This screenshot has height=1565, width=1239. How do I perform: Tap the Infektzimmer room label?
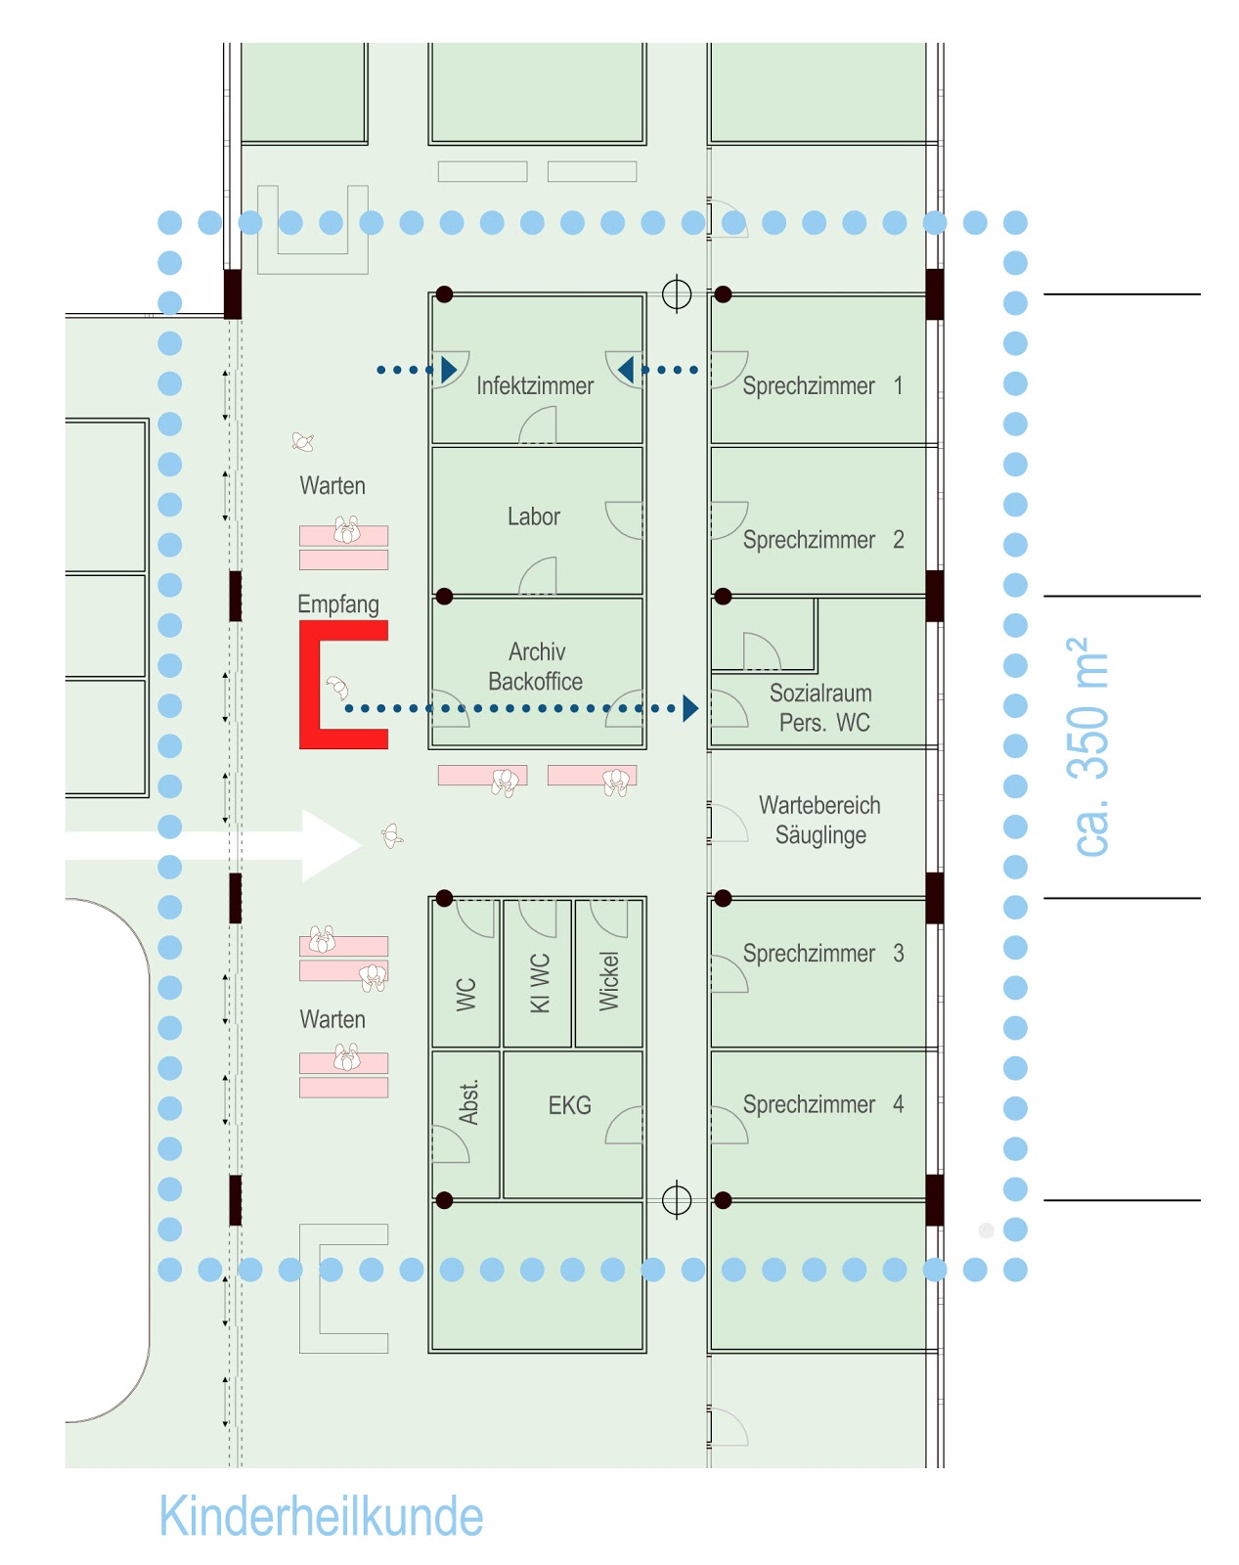point(535,386)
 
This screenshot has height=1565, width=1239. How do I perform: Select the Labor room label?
point(534,516)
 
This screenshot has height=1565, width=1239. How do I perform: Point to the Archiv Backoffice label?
point(536,666)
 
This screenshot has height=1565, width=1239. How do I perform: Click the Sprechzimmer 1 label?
point(821,386)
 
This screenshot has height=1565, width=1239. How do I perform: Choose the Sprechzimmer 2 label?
point(822,540)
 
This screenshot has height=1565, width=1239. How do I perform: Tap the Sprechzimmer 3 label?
point(822,954)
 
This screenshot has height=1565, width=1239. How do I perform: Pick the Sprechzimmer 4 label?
point(822,1105)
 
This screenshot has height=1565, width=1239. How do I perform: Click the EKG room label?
point(569,1106)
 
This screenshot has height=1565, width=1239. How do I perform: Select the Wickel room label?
point(609,981)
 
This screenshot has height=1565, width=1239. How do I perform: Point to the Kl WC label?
point(539,982)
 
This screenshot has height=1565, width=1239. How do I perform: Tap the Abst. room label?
point(468,1102)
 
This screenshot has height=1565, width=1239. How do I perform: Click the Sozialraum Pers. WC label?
point(821,708)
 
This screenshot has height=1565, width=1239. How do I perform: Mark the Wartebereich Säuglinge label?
point(819,821)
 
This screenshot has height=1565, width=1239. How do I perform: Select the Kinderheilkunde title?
point(321,1517)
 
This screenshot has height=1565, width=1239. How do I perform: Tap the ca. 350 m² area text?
point(1089,747)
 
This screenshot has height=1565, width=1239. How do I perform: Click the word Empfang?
point(338,604)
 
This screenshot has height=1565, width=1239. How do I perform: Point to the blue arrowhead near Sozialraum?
point(690,708)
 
